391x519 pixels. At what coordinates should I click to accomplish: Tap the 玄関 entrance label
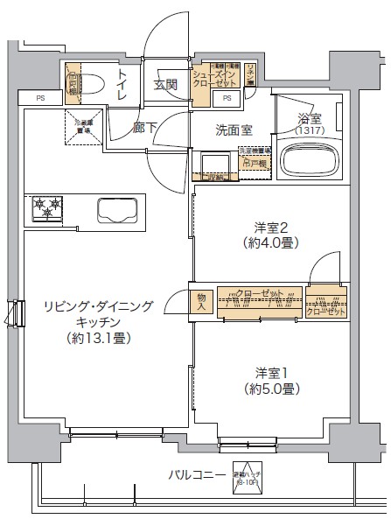(166, 85)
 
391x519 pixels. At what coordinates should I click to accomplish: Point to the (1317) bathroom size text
(308, 130)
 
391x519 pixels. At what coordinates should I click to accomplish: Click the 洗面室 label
(234, 130)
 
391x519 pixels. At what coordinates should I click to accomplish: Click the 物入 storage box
(201, 301)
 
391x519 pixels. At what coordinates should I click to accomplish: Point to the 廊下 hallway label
(145, 128)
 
